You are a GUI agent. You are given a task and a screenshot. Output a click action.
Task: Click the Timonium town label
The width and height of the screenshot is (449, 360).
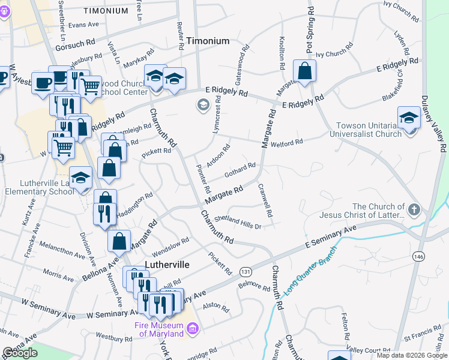pyautogui.click(x=208, y=41)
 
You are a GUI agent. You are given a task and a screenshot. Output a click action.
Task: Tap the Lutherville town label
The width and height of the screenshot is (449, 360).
pyautogui.click(x=167, y=265)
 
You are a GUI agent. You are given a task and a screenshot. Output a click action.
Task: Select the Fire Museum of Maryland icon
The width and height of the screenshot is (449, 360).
pyautogui.click(x=193, y=328)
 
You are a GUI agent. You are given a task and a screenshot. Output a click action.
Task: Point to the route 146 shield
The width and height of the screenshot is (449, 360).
pyautogui.click(x=418, y=256)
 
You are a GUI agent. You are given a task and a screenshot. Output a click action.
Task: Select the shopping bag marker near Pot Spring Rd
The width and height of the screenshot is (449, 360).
pyautogui.click(x=305, y=71)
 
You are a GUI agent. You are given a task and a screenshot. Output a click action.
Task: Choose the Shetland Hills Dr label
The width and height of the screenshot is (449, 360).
pyautogui.click(x=238, y=222)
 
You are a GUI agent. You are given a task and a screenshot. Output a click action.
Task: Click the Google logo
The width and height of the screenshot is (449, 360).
pyautogui.click(x=20, y=353)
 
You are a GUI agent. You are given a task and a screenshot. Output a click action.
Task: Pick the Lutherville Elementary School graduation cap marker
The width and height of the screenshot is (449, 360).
pyautogui.click(x=80, y=178)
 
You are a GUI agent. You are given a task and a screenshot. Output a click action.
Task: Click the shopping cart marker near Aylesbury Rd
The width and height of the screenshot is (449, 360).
pyautogui.click(x=90, y=86)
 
